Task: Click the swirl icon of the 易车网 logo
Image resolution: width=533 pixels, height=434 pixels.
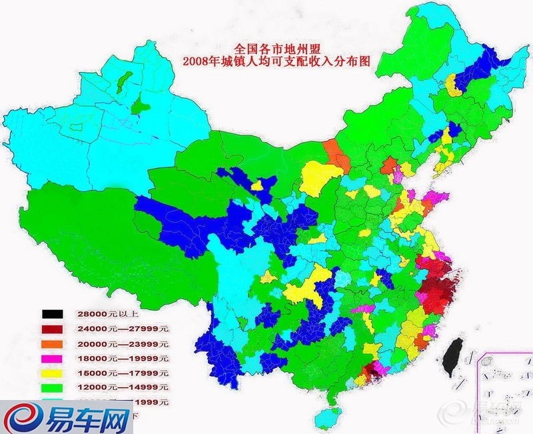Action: point(22,420)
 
